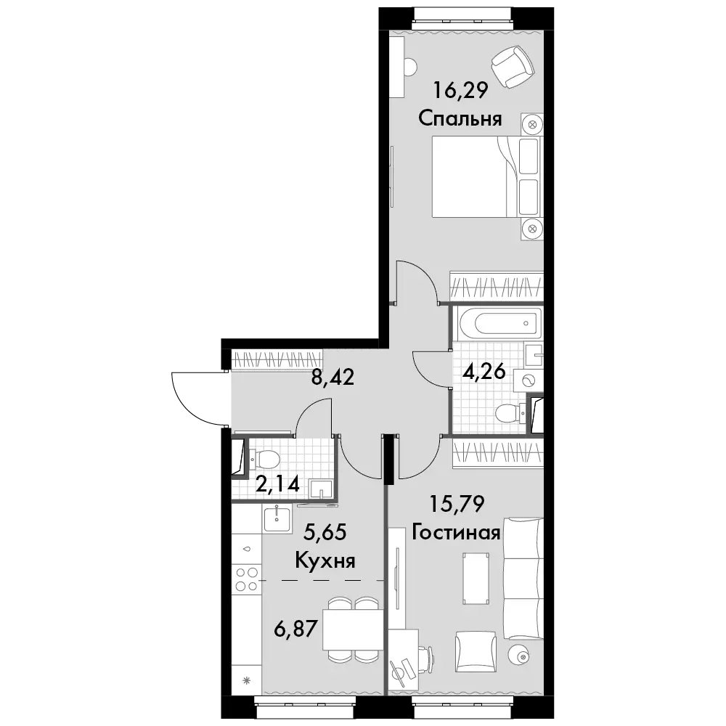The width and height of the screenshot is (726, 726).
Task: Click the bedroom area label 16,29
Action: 460,90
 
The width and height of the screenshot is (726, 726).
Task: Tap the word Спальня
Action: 460,118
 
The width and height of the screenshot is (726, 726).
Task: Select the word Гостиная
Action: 457,532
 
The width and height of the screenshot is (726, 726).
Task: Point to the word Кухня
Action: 325,560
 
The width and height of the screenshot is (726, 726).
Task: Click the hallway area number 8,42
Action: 333,378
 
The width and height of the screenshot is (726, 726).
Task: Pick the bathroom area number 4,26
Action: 484,371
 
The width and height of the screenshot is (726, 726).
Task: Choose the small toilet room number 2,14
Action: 278,484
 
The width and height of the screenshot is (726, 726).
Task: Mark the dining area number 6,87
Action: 295,628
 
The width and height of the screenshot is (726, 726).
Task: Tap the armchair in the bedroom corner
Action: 513,67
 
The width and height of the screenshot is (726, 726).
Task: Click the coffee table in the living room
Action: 476,578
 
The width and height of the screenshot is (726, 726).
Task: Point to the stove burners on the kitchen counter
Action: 246,579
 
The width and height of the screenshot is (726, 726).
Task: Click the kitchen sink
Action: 277,519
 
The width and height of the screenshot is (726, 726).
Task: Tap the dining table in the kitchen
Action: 354,629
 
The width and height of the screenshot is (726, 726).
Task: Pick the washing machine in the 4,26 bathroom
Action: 529,381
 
